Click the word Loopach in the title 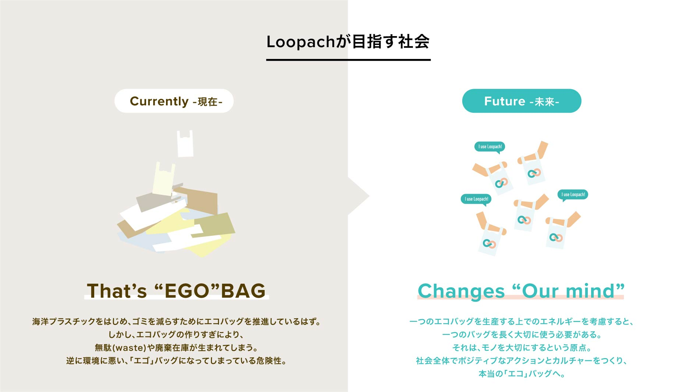[x=301, y=42]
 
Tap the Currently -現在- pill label [x=174, y=101]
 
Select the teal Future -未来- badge [x=522, y=101]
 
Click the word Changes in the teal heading [x=461, y=291]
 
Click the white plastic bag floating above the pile [x=185, y=144]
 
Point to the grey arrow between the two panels [x=358, y=196]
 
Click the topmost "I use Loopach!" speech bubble [x=490, y=147]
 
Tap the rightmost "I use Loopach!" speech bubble [x=573, y=195]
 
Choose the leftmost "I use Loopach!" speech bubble [x=476, y=199]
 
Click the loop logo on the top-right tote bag [x=534, y=173]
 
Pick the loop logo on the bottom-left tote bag [x=490, y=244]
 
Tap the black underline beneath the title [x=349, y=60]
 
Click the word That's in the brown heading [x=117, y=291]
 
